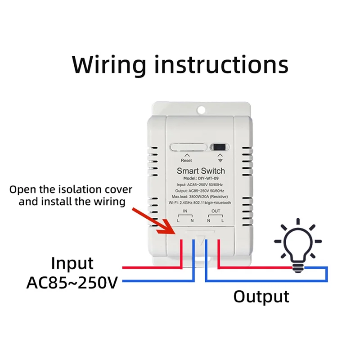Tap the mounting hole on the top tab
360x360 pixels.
point(201,109)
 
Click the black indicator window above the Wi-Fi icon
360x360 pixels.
point(220,147)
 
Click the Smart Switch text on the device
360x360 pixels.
point(201,171)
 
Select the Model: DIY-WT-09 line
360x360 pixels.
point(201,179)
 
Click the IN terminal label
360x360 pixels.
point(185,211)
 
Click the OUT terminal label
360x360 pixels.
point(216,211)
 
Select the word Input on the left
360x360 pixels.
point(72,263)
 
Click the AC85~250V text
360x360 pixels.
point(72,283)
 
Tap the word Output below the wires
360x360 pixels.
point(261,297)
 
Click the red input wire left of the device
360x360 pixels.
point(148,268)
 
